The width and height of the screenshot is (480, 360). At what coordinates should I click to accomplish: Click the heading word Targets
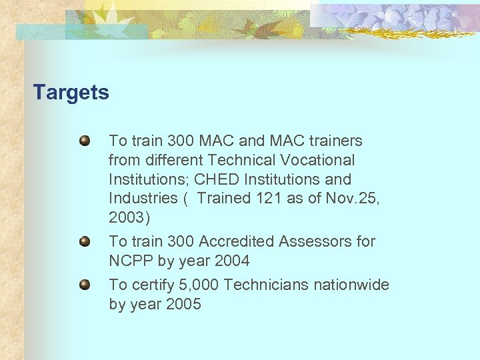(x=71, y=92)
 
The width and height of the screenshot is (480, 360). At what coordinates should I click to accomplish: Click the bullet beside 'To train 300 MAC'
(x=85, y=141)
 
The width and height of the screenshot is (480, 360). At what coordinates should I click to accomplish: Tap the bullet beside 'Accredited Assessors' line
(x=85, y=241)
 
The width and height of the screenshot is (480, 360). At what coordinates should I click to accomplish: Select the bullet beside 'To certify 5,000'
(x=85, y=285)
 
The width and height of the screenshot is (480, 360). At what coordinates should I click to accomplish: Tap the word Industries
(x=143, y=199)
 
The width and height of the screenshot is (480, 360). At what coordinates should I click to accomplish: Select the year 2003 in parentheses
(x=127, y=218)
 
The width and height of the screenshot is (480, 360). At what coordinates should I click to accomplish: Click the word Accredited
(x=231, y=241)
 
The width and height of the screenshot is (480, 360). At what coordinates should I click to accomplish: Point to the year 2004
(x=230, y=260)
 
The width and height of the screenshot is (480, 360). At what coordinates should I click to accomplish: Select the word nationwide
(x=356, y=285)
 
